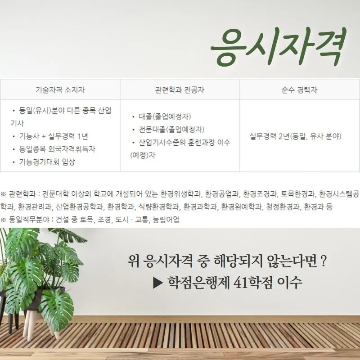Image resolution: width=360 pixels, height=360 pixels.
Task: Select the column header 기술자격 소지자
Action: coord(60,90)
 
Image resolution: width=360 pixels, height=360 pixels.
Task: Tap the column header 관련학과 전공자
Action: coord(180,90)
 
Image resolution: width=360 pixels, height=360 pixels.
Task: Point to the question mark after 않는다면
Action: coord(324,261)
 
